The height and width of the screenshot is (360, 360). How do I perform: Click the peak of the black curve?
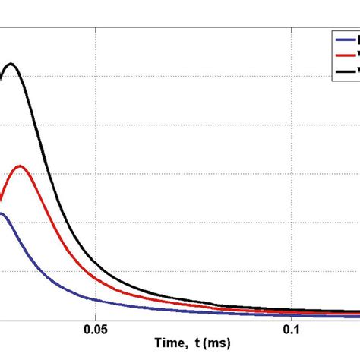11,64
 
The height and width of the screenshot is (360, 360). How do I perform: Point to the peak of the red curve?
21,166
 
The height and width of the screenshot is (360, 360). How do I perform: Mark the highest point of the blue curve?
3,213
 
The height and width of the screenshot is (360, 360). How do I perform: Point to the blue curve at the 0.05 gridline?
95,302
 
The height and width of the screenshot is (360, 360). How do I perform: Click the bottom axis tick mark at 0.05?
95,317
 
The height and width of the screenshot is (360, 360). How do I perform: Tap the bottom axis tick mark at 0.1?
291,317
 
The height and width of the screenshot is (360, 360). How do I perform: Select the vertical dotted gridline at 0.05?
95,152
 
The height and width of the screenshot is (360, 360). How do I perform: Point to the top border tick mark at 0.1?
291,31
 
